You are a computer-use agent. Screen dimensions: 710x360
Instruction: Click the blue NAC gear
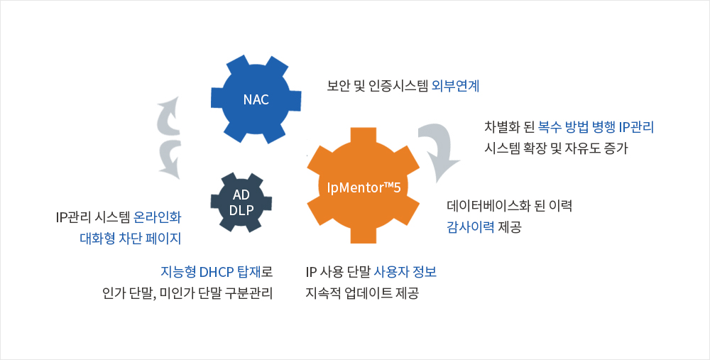pos(256,99)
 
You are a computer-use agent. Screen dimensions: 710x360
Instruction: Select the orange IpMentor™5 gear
pos(363,185)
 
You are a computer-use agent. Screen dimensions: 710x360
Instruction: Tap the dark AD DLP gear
pos(241,202)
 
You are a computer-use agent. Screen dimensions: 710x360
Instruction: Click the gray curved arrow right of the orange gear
pos(437,152)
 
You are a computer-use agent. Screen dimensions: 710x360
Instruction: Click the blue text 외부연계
pos(456,86)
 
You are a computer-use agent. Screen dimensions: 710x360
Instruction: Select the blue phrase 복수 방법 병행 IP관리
pos(596,127)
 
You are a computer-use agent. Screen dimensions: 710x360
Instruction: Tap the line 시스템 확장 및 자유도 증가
pos(556,148)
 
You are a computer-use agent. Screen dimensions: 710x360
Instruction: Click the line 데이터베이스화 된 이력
pos(509,206)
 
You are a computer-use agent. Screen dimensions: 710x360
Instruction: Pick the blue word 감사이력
pos(471,227)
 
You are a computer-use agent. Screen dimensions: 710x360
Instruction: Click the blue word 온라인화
pos(158,217)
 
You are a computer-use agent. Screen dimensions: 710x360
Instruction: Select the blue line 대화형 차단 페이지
pos(131,238)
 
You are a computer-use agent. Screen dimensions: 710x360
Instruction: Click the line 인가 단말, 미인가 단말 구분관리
pos(187,293)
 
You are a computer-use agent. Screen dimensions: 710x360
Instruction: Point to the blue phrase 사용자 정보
pos(405,272)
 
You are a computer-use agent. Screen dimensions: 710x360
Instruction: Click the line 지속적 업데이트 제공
pos(362,293)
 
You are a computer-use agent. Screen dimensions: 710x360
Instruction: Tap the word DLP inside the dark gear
pos(241,210)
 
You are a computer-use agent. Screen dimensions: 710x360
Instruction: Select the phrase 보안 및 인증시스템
pos(378,86)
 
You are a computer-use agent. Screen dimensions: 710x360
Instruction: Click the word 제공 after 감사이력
pos(510,227)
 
